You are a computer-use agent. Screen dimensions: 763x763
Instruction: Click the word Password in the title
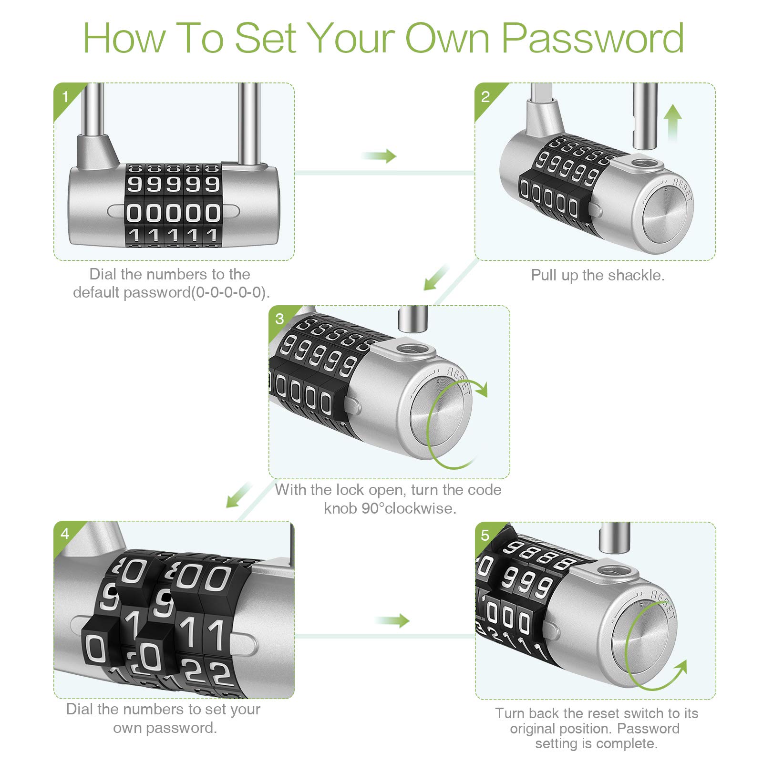pyautogui.click(x=593, y=38)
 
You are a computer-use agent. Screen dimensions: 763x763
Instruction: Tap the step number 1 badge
pyautogui.click(x=65, y=97)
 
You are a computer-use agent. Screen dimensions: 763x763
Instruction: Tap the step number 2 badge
pyautogui.click(x=485, y=97)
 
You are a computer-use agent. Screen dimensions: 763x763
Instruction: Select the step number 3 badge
pyautogui.click(x=279, y=319)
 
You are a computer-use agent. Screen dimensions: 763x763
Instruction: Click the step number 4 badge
pyautogui.click(x=65, y=534)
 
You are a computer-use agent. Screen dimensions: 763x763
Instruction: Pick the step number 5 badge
pyautogui.click(x=485, y=536)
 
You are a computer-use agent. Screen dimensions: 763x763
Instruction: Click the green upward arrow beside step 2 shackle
pyautogui.click(x=672, y=122)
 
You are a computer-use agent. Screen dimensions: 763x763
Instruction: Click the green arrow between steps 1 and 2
pyautogui.click(x=380, y=156)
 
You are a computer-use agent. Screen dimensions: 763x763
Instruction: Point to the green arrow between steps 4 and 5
pyautogui.click(x=392, y=620)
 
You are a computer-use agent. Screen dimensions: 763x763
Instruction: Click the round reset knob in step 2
pyautogui.click(x=667, y=214)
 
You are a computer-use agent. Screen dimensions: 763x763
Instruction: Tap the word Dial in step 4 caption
pyautogui.click(x=79, y=709)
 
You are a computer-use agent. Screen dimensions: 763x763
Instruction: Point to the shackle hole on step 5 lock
pyautogui.click(x=615, y=570)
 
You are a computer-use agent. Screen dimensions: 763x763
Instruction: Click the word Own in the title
pyautogui.click(x=447, y=38)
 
